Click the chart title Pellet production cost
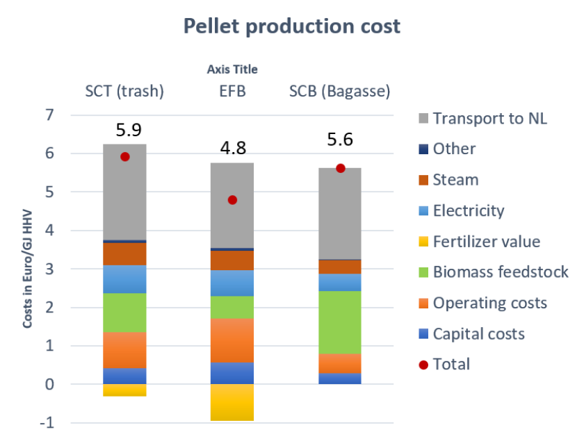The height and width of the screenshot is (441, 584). (292, 26)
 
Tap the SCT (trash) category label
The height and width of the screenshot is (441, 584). (124, 92)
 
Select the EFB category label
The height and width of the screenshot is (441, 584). (232, 92)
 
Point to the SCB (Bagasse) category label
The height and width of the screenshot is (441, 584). (340, 92)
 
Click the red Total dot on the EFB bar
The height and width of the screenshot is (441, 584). (232, 200)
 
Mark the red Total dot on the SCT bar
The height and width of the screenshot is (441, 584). (125, 156)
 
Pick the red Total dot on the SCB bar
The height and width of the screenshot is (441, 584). (340, 167)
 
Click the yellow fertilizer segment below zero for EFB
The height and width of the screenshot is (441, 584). (232, 402)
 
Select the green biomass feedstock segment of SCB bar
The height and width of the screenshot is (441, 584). (340, 322)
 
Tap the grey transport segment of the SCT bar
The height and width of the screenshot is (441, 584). (125, 192)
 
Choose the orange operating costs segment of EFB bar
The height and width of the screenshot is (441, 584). (232, 340)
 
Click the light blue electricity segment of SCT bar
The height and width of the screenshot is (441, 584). (125, 279)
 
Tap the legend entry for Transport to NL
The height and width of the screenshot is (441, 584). (489, 118)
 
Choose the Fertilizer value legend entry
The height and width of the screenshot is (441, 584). (485, 242)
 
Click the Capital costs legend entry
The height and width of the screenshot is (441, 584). (478, 334)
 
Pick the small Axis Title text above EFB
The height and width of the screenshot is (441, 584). (232, 69)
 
